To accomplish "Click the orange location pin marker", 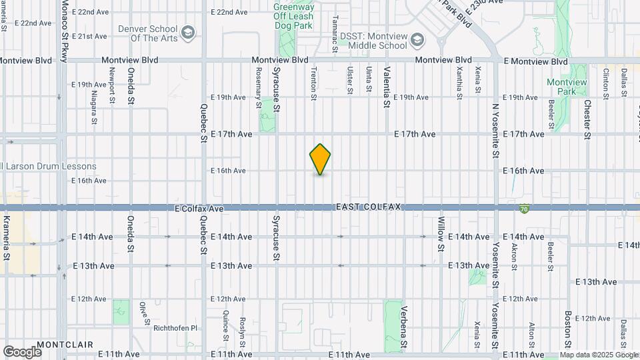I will pyautogui.click(x=320, y=159).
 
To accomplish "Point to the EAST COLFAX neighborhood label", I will pyautogui.click(x=367, y=207).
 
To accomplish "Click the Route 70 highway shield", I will pyautogui.click(x=524, y=209).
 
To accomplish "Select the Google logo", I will pyautogui.click(x=22, y=351).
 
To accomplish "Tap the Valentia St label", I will pyautogui.click(x=385, y=87).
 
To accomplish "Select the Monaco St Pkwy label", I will pyautogui.click(x=65, y=31).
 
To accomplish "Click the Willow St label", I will pyautogui.click(x=441, y=233).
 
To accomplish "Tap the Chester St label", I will pyautogui.click(x=587, y=120).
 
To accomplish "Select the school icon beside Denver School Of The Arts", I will pyautogui.click(x=189, y=32).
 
